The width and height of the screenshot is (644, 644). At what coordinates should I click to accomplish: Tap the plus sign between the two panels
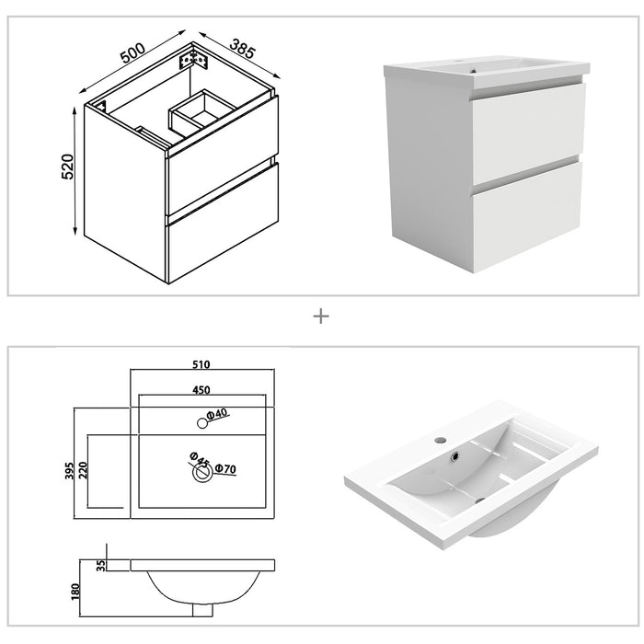point(321,316)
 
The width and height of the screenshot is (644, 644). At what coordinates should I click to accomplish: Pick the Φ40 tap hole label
point(217,416)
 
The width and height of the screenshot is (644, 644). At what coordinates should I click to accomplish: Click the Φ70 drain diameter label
point(225,470)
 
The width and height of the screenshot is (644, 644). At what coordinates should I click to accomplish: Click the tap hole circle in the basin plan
point(201,422)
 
